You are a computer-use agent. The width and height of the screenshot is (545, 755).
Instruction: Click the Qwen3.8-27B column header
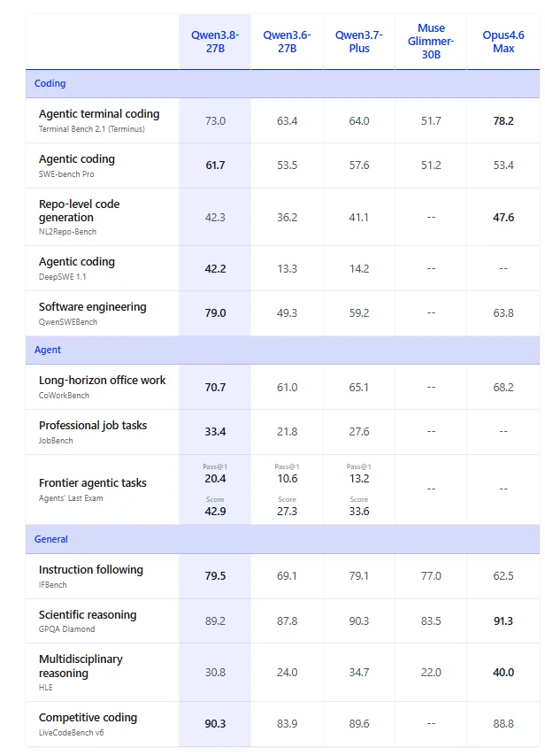(x=215, y=42)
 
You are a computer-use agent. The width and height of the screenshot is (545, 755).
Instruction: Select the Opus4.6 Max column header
(x=503, y=42)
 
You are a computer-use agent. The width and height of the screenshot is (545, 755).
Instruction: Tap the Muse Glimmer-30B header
(x=431, y=42)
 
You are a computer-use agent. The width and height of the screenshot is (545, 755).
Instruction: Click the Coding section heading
(x=50, y=83)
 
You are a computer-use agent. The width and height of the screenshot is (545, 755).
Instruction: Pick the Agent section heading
(x=48, y=350)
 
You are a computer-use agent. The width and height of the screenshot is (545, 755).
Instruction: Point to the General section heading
(x=51, y=539)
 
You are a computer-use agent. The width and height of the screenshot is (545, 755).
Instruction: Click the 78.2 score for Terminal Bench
(x=503, y=121)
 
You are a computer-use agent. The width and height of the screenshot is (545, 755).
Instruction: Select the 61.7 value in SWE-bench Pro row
(x=215, y=166)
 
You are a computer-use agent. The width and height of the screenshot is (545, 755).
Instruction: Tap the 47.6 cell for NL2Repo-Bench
(x=503, y=217)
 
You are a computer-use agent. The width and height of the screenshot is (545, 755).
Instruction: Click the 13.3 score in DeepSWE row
(x=287, y=269)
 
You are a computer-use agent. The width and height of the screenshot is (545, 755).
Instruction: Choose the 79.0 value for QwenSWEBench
(x=215, y=313)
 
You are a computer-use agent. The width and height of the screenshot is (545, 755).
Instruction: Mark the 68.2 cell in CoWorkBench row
(x=503, y=387)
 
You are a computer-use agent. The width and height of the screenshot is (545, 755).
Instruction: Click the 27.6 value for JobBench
(x=359, y=431)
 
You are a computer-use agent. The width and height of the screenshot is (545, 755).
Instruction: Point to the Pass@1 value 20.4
(x=215, y=479)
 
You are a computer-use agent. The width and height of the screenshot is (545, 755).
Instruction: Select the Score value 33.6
(x=359, y=512)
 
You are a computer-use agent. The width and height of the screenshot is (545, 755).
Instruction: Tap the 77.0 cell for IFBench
(x=431, y=576)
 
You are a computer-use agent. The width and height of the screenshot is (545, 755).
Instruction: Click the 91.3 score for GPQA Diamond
(x=503, y=621)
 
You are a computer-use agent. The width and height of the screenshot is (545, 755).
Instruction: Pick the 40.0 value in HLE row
(x=503, y=672)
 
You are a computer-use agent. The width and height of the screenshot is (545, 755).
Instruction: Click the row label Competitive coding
(x=88, y=718)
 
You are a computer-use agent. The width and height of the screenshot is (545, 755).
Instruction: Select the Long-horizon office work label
(x=102, y=381)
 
